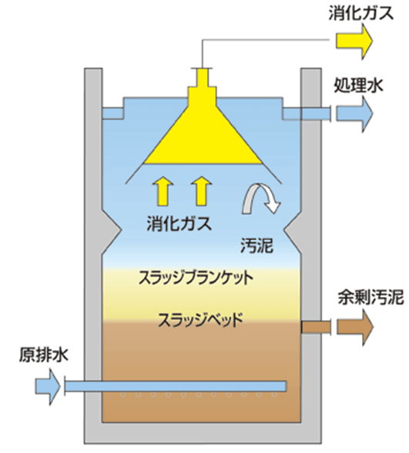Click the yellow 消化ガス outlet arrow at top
(x=354, y=42)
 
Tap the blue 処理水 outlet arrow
(x=354, y=114)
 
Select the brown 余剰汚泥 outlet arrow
(x=355, y=328)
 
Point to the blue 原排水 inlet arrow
(x=48, y=386)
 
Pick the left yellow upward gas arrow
(x=163, y=191)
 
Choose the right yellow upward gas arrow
(x=202, y=191)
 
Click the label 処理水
(x=359, y=85)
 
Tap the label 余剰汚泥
(x=370, y=297)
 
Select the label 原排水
(x=44, y=355)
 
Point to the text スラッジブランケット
(x=196, y=278)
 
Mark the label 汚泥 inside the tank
(x=256, y=246)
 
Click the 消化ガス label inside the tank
(x=179, y=224)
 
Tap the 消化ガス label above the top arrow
(x=361, y=13)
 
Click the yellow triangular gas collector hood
(x=203, y=138)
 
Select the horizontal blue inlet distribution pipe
(x=176, y=386)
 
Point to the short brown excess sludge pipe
(x=316, y=328)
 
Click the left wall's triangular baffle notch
(x=112, y=230)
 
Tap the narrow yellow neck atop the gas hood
(x=202, y=78)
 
